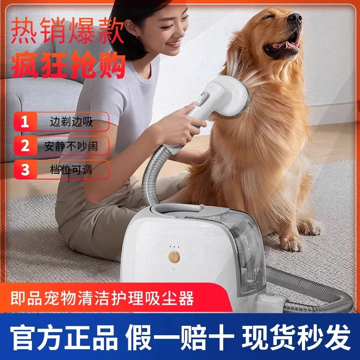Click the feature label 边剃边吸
[72, 121]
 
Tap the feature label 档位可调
[72, 170]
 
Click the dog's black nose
[294, 18]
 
